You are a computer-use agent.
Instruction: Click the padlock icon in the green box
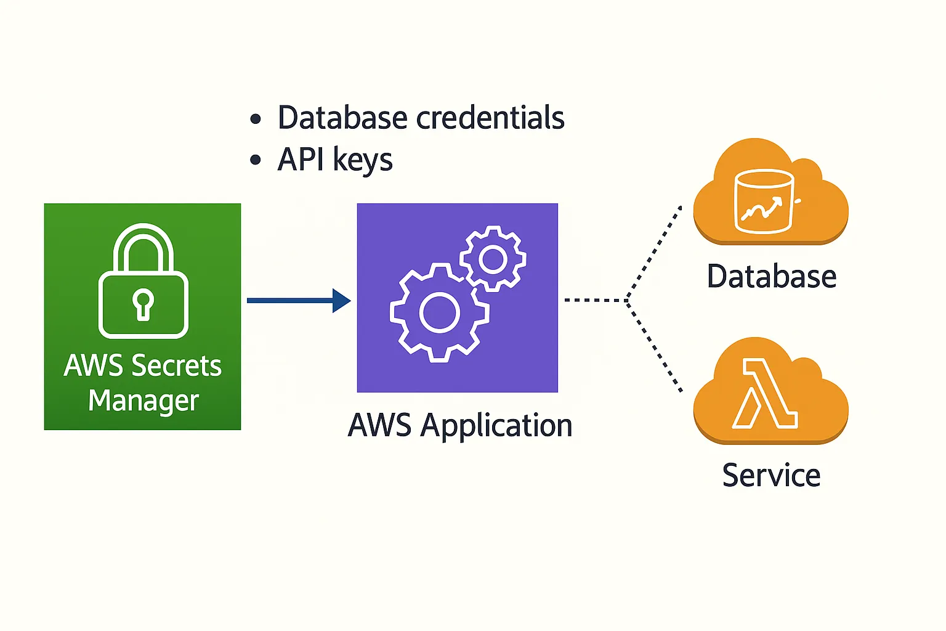(x=144, y=282)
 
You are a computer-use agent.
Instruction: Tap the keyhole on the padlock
(x=144, y=304)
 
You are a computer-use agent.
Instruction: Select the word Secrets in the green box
(x=176, y=365)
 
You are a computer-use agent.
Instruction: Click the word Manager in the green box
(x=144, y=401)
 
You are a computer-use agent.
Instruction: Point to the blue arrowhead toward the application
(x=341, y=301)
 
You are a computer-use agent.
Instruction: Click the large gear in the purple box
(x=439, y=312)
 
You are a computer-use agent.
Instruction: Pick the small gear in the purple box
(x=493, y=259)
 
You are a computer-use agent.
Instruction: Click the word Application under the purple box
(x=496, y=425)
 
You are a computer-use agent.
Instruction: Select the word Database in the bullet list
(x=342, y=118)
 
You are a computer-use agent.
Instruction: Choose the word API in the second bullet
(x=301, y=160)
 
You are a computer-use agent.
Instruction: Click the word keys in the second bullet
(x=363, y=161)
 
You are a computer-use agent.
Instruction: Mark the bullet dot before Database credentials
(x=256, y=119)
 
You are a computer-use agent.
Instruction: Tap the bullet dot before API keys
(x=256, y=161)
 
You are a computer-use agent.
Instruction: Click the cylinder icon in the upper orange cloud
(x=764, y=202)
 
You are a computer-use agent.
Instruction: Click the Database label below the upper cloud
(x=771, y=276)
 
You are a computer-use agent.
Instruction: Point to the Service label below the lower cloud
(x=771, y=475)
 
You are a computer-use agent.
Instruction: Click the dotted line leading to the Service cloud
(x=654, y=346)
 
